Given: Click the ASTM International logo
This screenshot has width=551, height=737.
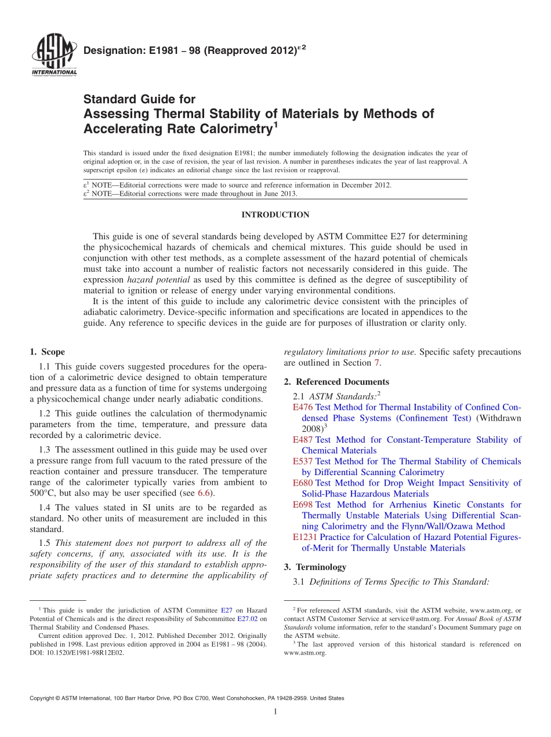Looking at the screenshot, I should (x=53, y=56).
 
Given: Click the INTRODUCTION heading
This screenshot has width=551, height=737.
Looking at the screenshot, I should (x=275, y=215).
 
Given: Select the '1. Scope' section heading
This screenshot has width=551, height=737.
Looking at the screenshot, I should (x=47, y=352).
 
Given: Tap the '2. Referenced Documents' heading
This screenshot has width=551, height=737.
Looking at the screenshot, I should (x=336, y=382).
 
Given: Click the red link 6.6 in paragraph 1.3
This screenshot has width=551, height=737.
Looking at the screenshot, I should (x=204, y=493).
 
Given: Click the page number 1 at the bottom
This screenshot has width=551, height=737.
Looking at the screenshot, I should (x=275, y=712).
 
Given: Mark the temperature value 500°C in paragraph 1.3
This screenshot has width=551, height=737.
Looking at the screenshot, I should (x=43, y=493).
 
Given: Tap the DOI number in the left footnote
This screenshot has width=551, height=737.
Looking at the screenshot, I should (x=85, y=652).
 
